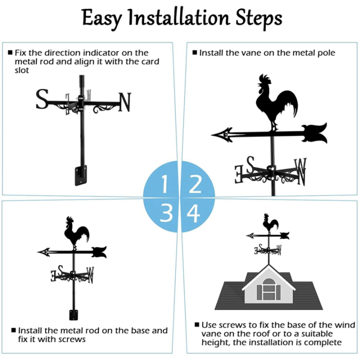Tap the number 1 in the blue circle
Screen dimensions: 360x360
point(164,184)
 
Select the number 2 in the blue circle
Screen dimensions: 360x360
point(194,184)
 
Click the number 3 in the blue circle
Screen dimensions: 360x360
point(166,213)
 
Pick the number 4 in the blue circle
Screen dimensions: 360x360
point(193,213)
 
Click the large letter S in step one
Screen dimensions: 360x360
point(42,99)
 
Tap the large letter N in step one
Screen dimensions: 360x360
point(124,102)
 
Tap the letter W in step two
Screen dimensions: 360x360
point(300,170)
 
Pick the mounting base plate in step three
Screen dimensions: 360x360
point(73,315)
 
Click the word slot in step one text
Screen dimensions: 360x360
point(22,70)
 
